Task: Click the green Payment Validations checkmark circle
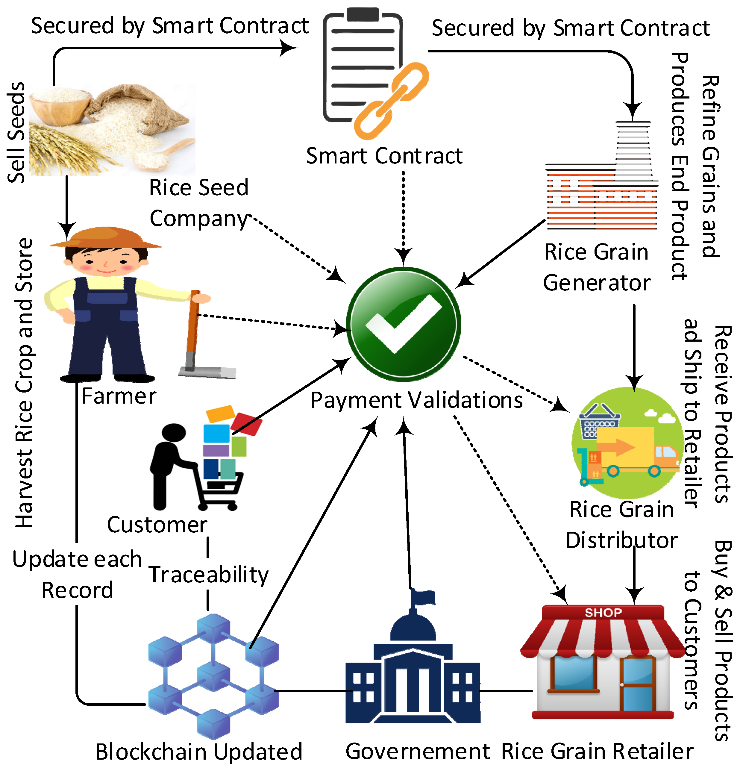tap(403, 324)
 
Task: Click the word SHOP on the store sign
tap(603, 613)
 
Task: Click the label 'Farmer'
tap(119, 396)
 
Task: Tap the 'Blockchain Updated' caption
tap(199, 752)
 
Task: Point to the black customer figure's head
tap(173, 432)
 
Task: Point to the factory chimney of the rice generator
tap(633, 149)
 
